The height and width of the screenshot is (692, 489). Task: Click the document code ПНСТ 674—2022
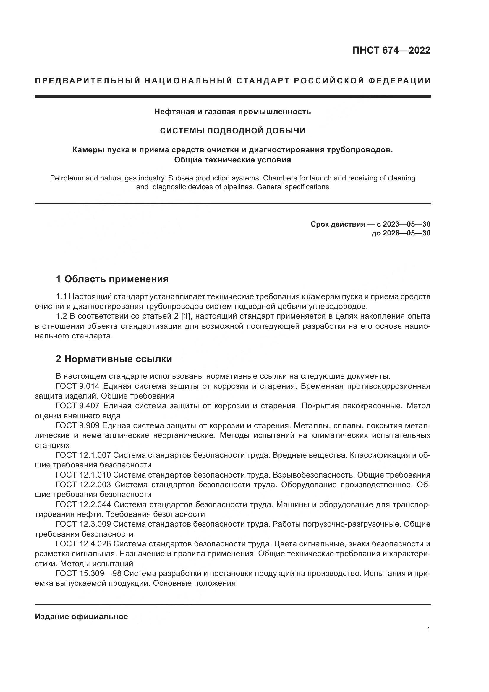(391, 50)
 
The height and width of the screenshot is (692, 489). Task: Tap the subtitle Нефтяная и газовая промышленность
(232, 112)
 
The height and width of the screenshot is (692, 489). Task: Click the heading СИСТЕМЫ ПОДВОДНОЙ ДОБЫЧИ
(232, 131)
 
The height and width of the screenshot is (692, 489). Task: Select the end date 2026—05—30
(407, 233)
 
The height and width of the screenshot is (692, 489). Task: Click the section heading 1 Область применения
(112, 279)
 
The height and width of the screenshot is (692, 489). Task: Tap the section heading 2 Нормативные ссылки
(114, 359)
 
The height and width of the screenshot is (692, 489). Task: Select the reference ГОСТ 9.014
(77, 386)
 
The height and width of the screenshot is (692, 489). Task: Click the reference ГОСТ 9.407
(77, 406)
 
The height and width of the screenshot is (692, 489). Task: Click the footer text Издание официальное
(81, 617)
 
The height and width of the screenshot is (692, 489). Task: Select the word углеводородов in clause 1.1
(338, 307)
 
